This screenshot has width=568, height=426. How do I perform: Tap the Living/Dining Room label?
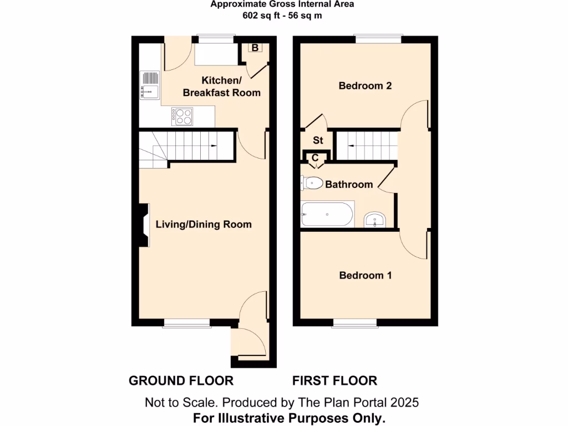click(x=204, y=225)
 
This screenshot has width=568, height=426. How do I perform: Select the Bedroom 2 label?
click(x=365, y=86)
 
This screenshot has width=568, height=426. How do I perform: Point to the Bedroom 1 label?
click(x=365, y=275)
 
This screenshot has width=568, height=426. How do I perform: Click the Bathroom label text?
click(x=349, y=184)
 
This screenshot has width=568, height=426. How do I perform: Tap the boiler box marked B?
click(x=255, y=48)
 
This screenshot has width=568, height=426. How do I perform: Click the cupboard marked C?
click(x=315, y=158)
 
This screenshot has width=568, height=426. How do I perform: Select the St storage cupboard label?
click(x=318, y=140)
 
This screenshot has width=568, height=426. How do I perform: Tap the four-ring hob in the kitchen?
click(x=182, y=115)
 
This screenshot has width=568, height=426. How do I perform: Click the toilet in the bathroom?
click(x=312, y=182)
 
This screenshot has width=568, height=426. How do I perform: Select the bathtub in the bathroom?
click(x=327, y=214)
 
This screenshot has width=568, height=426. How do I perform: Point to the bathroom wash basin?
click(x=376, y=221)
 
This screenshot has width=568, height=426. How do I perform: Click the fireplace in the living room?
click(x=142, y=225)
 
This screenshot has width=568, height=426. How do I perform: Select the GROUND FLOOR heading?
click(x=181, y=381)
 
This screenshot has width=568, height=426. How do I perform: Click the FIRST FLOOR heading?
click(x=334, y=381)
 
